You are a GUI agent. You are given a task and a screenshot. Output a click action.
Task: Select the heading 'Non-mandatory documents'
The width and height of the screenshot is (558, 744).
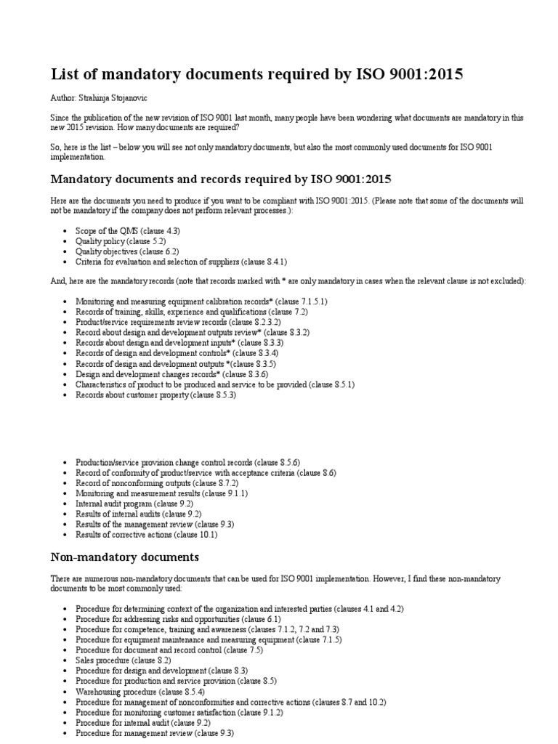pyautogui.click(x=124, y=557)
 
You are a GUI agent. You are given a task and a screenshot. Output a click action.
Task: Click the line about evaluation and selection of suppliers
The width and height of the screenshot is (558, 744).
pyautogui.click(x=185, y=262)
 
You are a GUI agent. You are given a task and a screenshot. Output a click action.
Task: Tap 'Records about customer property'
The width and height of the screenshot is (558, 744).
pyautogui.click(x=155, y=395)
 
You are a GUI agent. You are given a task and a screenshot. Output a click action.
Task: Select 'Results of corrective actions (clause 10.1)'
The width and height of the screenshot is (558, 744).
pyautogui.click(x=146, y=534)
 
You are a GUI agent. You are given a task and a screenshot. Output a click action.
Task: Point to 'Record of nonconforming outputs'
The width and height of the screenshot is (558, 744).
pyautogui.click(x=157, y=482)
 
